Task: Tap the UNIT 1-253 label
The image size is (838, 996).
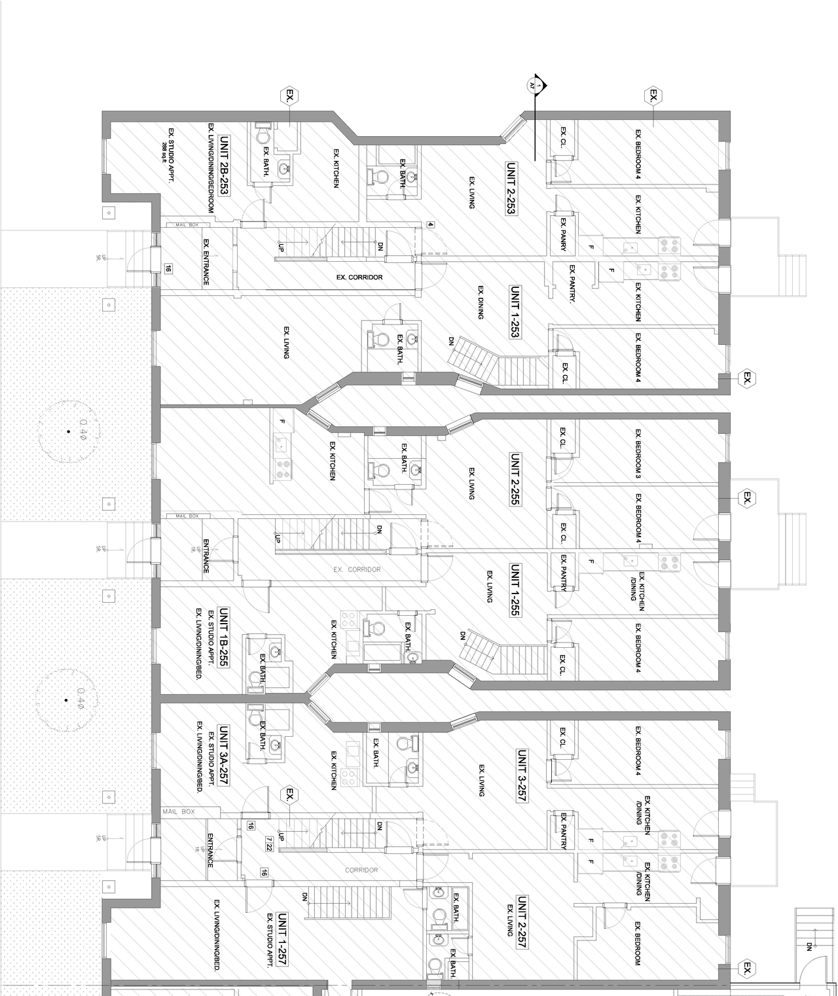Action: tap(515, 311)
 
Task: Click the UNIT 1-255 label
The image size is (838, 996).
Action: tap(515, 590)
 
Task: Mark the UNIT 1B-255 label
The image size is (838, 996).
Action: tap(223, 637)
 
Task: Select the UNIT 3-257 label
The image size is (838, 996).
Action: tap(522, 776)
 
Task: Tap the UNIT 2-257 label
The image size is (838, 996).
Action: tap(522, 922)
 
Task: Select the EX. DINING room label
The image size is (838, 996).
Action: tap(481, 302)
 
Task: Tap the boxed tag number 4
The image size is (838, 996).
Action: tap(430, 224)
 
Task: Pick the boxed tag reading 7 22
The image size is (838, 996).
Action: tap(270, 845)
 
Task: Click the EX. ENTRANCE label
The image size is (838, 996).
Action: tap(206, 262)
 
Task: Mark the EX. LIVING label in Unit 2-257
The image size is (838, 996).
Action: tap(510, 920)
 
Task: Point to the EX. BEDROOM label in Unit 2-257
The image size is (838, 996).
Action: tap(637, 942)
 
